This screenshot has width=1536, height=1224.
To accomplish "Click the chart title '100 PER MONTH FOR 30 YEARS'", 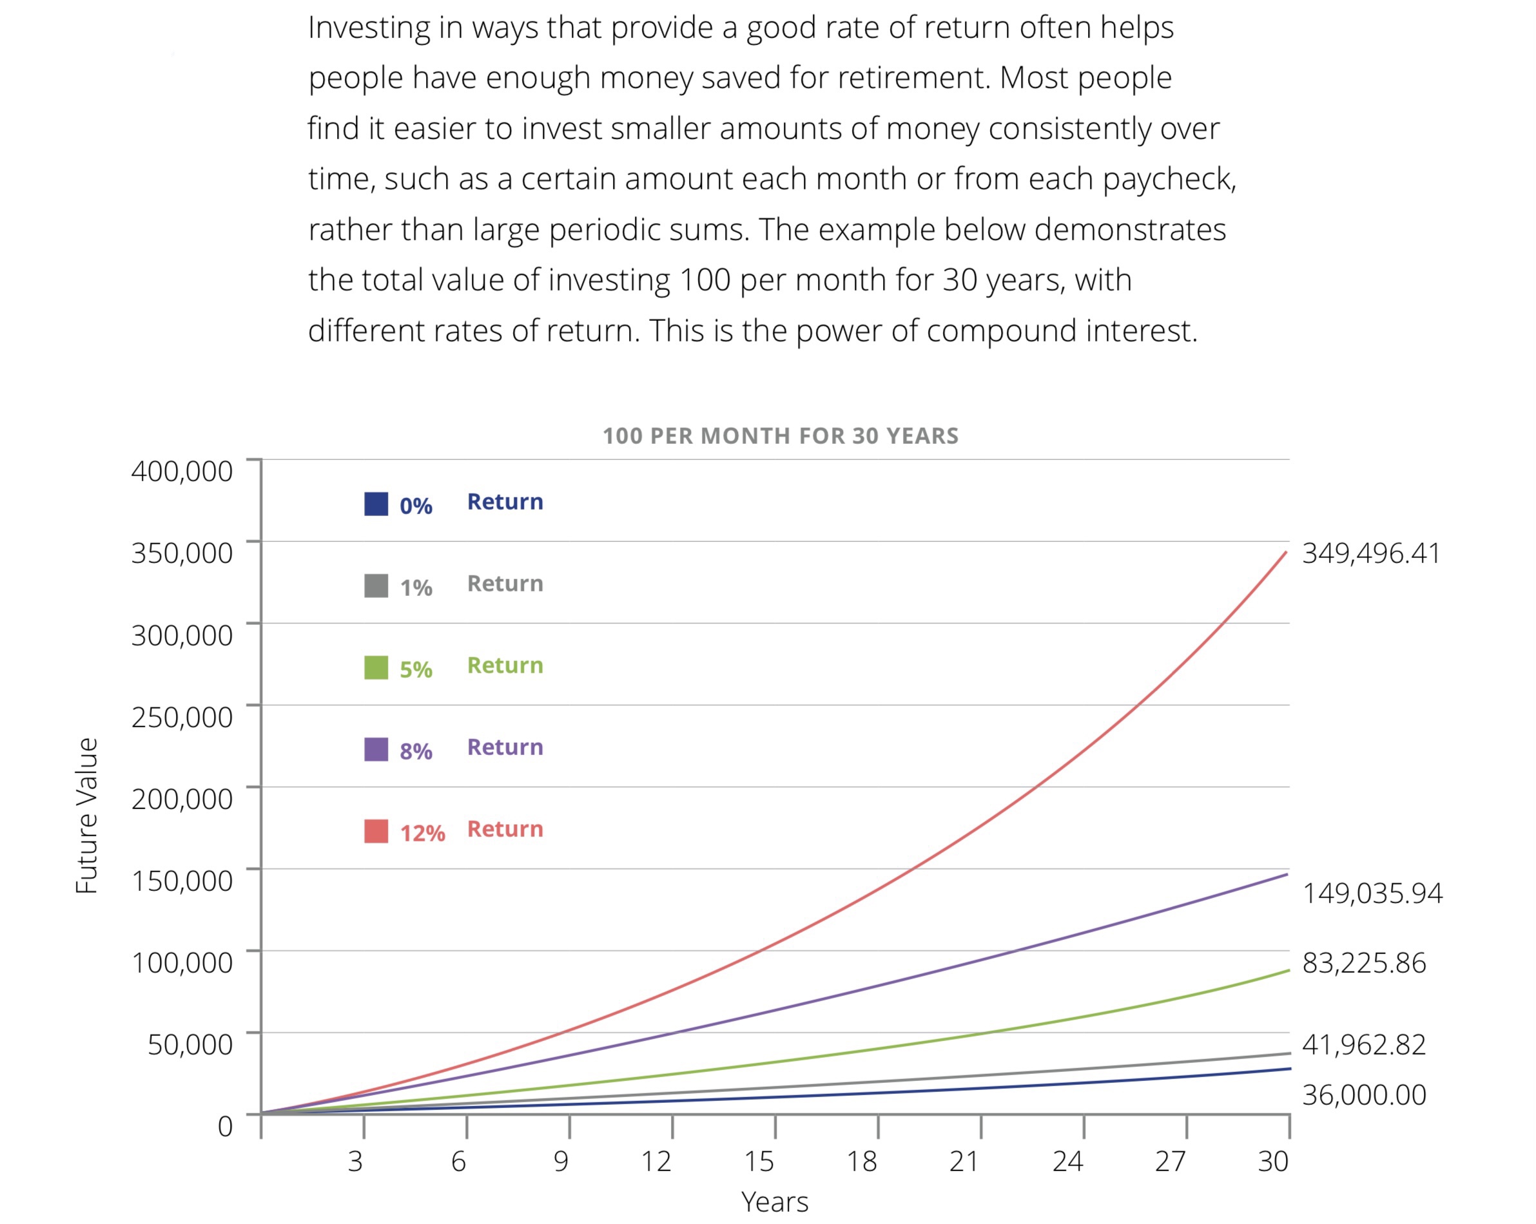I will [780, 435].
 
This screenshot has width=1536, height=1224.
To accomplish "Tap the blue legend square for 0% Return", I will [376, 504].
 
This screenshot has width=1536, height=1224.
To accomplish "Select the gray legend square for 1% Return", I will [376, 586].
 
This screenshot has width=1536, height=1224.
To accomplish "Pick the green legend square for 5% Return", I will [376, 668].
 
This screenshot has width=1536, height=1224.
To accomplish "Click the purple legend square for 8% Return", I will [376, 750].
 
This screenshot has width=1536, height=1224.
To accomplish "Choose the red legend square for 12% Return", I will [376, 832].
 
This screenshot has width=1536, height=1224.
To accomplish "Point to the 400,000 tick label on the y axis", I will [182, 472].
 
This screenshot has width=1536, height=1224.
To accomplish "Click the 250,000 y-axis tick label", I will [182, 717].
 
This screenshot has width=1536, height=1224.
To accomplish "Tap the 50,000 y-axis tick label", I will [190, 1044].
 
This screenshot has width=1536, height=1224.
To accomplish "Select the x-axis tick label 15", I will [759, 1162].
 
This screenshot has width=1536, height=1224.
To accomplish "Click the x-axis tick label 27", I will [1170, 1162].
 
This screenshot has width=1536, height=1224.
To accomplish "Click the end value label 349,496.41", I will [1371, 553].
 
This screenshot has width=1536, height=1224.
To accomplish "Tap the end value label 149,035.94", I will [1372, 894].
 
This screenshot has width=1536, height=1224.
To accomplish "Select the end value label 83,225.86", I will [1364, 963].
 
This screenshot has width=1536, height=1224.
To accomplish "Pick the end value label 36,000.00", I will [1364, 1095].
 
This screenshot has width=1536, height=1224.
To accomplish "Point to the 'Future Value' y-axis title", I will [87, 816].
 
